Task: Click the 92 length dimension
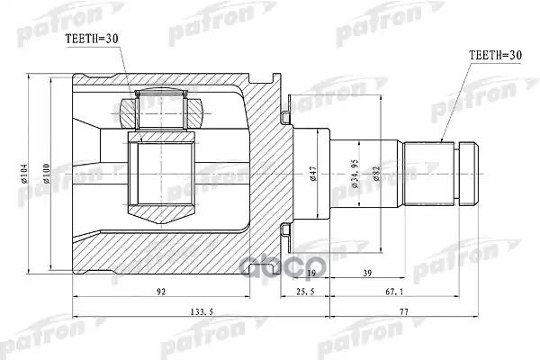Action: [x=159, y=292]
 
